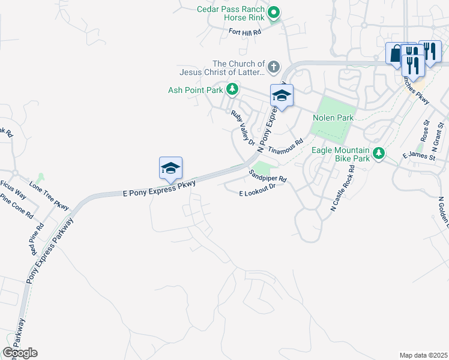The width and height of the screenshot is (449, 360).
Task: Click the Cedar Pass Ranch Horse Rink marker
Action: coord(274,12)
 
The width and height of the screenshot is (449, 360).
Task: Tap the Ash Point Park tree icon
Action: coord(232,90)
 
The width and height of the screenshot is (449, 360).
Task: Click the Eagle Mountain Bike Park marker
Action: coord(378,153)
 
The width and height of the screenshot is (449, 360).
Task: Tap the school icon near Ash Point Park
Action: coord(281,95)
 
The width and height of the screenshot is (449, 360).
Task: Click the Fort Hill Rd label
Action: coord(246,32)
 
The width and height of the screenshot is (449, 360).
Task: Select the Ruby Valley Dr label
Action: coord(244,127)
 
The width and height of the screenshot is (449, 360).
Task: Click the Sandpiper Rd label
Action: coord(268,175)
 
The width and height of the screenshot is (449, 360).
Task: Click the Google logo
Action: coord(20,353)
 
